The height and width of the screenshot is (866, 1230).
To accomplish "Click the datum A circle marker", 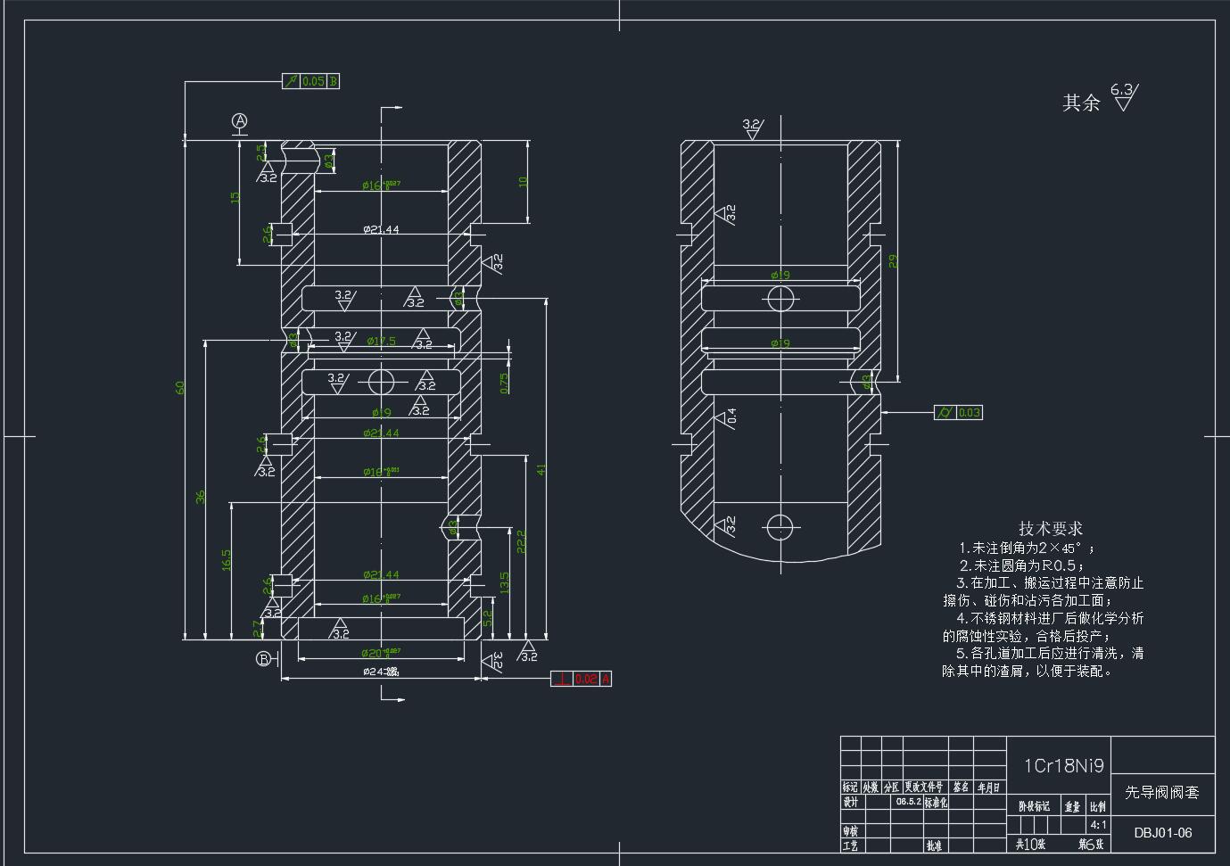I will (x=239, y=120).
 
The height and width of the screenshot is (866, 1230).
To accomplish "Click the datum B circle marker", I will (x=264, y=659).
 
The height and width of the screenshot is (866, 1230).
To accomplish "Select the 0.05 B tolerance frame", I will (x=311, y=81).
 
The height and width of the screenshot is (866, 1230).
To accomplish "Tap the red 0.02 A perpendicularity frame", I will (x=582, y=679).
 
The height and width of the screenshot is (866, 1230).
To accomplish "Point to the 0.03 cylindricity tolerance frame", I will (x=958, y=412).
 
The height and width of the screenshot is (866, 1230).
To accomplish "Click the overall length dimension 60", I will (x=181, y=388).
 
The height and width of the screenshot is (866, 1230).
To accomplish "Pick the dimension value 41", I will (x=541, y=469).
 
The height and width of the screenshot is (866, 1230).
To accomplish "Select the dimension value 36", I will (x=202, y=496).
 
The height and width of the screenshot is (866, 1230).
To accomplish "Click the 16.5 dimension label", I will (x=227, y=560).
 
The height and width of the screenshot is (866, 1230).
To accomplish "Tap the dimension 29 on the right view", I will (x=893, y=261).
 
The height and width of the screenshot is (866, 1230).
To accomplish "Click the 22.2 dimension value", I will (x=522, y=540).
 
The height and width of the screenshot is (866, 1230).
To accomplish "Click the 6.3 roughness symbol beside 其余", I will (x=1124, y=96).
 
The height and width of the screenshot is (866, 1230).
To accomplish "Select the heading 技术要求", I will (x=1051, y=528).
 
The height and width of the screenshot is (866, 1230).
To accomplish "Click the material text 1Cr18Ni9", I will (x=1063, y=765).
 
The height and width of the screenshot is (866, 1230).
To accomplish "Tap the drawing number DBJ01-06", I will (x=1163, y=833).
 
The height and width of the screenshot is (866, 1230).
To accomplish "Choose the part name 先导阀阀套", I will (x=1161, y=792).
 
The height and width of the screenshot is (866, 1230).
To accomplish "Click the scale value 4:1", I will (x=1098, y=825).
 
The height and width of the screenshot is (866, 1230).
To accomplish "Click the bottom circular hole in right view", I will (x=780, y=526).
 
